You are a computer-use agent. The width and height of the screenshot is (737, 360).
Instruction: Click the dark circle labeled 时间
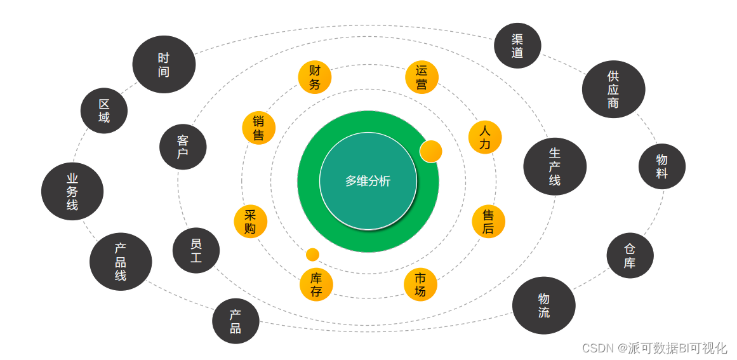pyautogui.click(x=164, y=64)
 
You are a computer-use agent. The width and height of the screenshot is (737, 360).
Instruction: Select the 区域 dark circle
pyautogui.click(x=104, y=110)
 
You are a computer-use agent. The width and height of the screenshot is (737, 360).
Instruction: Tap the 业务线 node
pyautogui.click(x=72, y=191)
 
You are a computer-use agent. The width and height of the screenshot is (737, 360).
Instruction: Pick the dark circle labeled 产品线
pyautogui.click(x=121, y=262)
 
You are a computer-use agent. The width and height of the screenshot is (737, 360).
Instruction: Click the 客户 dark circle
pyautogui.click(x=183, y=147)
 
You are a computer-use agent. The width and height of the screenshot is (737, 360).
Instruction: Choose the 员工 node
pyautogui.click(x=196, y=250)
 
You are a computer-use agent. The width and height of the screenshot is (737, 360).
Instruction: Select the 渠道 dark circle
pyautogui.click(x=517, y=46)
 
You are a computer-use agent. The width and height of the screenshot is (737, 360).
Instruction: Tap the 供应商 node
pyautogui.click(x=613, y=90)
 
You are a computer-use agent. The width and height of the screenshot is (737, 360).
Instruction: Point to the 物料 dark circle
pyautogui.click(x=662, y=166)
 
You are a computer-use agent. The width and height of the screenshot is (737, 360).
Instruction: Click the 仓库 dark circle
pyautogui.click(x=630, y=255)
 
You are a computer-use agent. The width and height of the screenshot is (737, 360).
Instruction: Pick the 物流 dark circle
pyautogui.click(x=544, y=305)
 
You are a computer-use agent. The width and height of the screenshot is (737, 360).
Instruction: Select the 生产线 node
pyautogui.click(x=555, y=166)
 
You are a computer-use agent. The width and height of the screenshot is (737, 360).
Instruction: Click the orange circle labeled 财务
pyautogui.click(x=315, y=77)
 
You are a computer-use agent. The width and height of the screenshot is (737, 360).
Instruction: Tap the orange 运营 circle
pyautogui.click(x=422, y=77)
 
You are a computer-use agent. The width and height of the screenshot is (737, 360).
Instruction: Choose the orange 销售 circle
pyautogui.click(x=258, y=128)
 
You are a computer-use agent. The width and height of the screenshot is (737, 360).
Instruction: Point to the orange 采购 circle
pyautogui.click(x=250, y=222)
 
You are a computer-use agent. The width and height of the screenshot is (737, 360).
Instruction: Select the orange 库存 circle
pyautogui.click(x=316, y=284)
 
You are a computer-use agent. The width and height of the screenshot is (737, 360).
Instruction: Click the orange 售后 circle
pyautogui.click(x=488, y=222)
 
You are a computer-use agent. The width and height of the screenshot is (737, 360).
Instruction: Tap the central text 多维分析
pyautogui.click(x=368, y=181)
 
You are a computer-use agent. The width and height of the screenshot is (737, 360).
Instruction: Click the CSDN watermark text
pyautogui.click(x=654, y=348)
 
